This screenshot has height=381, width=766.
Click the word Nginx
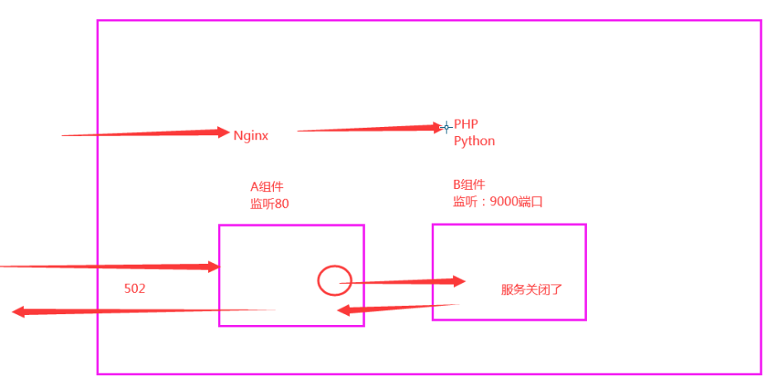coord(250,136)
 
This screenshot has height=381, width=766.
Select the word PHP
coord(466,125)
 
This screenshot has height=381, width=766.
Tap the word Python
coord(475,141)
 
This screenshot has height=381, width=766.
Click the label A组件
coord(267,186)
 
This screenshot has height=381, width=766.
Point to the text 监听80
coord(269,204)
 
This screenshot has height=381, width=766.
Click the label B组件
coord(469,185)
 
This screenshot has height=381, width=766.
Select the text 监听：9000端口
coord(497,201)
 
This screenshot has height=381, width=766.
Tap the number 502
coord(135,289)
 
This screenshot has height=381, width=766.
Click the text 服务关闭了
coord(531,290)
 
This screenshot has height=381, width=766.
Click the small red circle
coord(334,280)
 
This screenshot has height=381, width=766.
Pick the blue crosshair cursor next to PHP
coord(447,127)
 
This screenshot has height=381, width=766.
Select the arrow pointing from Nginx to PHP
coord(371,129)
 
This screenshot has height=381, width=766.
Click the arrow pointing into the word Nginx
coord(145,133)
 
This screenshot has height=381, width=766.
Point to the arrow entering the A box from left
coord(107,266)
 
